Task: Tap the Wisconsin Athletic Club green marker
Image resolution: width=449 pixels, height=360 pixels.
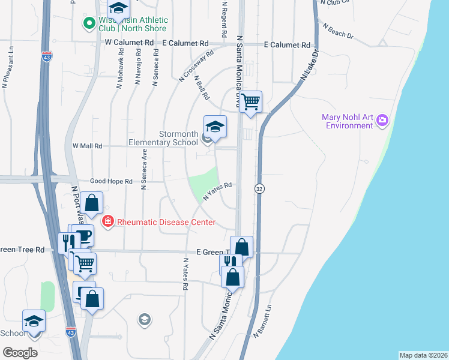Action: pos(89,24)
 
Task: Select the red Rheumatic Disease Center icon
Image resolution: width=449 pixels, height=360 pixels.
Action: pos(108,221)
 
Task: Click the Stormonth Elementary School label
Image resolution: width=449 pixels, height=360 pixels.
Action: pos(163,138)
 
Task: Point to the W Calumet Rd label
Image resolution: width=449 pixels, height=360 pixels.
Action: pos(129,43)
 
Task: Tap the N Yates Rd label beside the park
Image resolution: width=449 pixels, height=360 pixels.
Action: pos(217,191)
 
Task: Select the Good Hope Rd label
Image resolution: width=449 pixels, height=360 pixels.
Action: pos(111,181)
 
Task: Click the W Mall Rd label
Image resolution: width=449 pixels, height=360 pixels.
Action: pos(87,146)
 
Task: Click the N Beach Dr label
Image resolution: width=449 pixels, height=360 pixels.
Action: pos(337,31)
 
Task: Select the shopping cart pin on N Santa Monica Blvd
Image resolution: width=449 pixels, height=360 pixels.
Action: pos(252,101)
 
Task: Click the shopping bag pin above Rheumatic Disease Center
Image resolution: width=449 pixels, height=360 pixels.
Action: pos(92,203)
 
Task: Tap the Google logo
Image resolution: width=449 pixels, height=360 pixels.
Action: pos(20,352)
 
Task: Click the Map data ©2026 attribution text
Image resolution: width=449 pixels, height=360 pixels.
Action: pos(423,355)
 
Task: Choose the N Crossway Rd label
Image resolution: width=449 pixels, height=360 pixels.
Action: pos(196,67)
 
